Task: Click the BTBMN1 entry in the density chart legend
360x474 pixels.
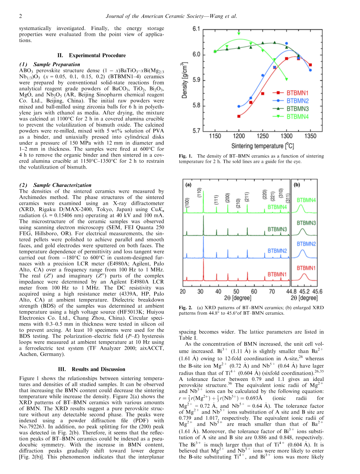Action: [x=297, y=93]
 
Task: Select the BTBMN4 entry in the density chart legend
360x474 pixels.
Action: [x=298, y=116]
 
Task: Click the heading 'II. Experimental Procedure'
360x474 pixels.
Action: [x=91, y=55]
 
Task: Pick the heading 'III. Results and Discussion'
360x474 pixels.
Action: [x=91, y=369]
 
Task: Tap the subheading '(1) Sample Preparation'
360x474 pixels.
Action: [x=49, y=64]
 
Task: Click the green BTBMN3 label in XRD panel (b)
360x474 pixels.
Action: [x=306, y=223]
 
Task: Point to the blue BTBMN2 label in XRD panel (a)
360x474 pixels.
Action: [x=277, y=250]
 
